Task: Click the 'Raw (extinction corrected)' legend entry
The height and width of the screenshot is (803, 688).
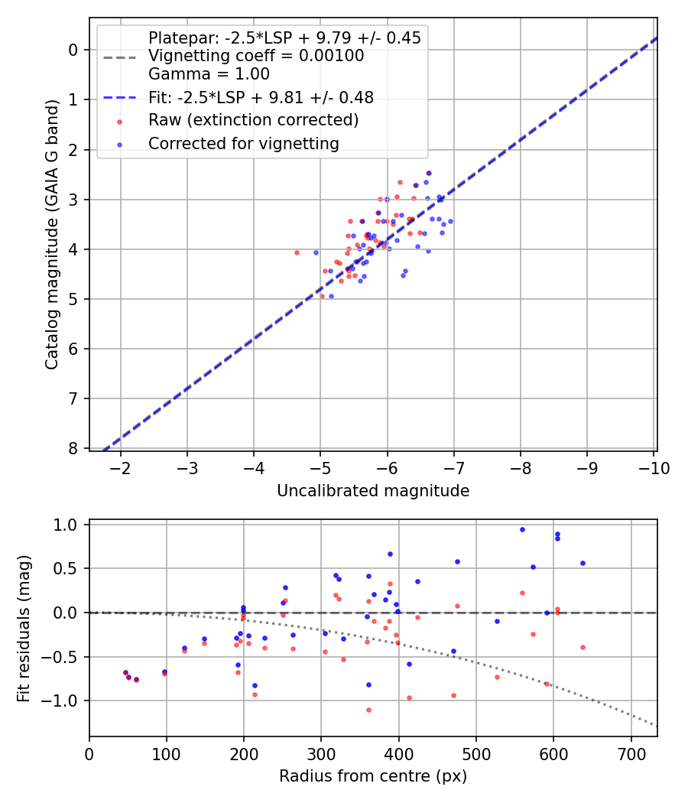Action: coord(253,120)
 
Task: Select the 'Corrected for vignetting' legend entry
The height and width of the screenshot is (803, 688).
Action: coord(243,143)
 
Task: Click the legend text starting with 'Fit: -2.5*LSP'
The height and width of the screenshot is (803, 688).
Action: coord(261,97)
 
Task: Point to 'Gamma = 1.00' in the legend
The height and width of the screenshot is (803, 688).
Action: coord(209,74)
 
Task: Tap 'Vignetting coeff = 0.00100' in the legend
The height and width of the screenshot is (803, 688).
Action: coord(256,56)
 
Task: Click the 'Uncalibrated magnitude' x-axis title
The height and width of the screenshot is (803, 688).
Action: coord(373,490)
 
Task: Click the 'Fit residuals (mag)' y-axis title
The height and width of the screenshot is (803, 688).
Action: coord(24,628)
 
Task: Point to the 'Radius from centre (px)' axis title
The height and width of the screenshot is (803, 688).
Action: coord(373,776)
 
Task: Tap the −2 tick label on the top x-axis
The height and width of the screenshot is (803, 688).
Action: coord(120,468)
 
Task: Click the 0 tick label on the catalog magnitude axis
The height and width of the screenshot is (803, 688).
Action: coord(73,50)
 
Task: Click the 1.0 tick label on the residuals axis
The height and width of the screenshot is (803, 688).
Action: coord(67,525)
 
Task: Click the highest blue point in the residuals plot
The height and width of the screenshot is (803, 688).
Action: coord(522,529)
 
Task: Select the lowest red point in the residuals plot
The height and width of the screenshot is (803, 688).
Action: coord(368,710)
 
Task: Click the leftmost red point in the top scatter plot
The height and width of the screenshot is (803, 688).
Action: coord(297,252)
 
